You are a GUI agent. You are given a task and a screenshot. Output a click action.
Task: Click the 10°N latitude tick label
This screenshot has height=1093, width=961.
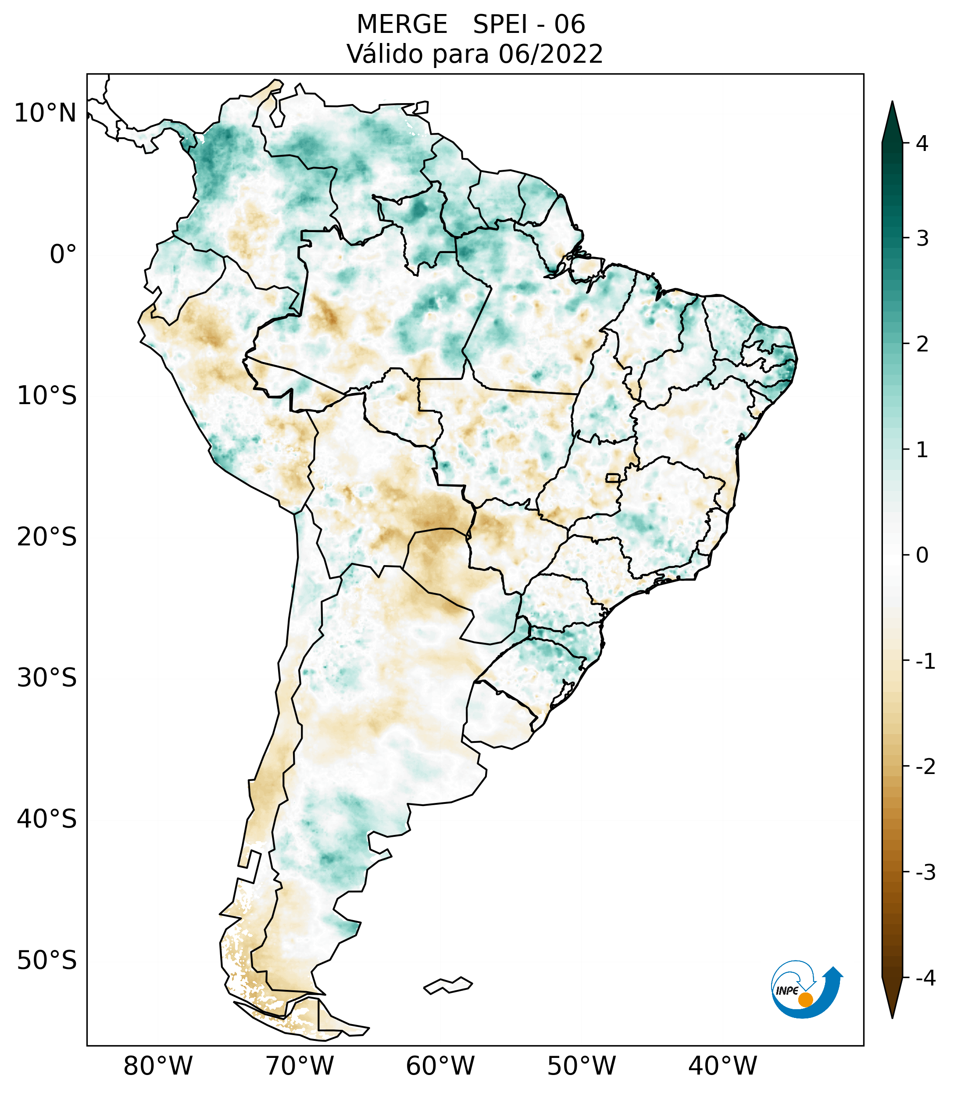pyautogui.click(x=45, y=113)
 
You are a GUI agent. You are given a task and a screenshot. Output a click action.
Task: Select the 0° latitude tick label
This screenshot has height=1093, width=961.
pyautogui.click(x=63, y=254)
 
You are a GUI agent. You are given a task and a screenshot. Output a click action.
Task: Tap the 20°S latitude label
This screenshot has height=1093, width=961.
pyautogui.click(x=47, y=537)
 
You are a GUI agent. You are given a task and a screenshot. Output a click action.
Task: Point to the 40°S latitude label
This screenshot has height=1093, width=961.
pyautogui.click(x=47, y=819)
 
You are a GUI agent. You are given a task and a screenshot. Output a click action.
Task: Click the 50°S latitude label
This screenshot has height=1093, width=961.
pyautogui.click(x=47, y=961)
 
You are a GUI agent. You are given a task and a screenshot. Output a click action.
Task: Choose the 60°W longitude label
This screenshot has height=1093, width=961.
pyautogui.click(x=440, y=1066)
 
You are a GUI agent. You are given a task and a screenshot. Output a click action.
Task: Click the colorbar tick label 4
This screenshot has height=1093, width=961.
pyautogui.click(x=922, y=143)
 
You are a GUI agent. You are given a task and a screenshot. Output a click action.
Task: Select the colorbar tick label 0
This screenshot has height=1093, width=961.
pyautogui.click(x=922, y=555)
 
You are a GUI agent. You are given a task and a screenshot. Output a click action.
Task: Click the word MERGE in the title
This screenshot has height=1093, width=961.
pyautogui.click(x=402, y=25)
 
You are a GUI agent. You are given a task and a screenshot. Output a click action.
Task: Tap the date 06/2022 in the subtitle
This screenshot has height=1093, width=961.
pyautogui.click(x=550, y=54)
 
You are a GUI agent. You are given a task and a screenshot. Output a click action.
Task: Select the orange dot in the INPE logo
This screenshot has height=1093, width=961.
pyautogui.click(x=805, y=1000)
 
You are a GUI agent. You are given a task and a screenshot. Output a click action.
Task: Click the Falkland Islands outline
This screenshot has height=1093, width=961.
pyautogui.click(x=448, y=985)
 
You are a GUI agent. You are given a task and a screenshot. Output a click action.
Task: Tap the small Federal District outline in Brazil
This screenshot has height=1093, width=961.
pyautogui.click(x=613, y=477)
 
